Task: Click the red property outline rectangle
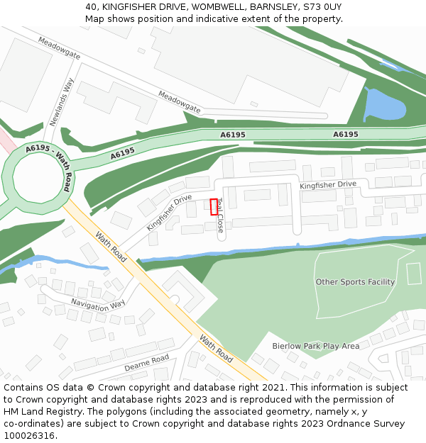coord(214,206)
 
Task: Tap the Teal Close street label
coord(220,215)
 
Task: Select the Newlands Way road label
coord(62,101)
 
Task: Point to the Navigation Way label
coord(97,304)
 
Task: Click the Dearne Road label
coord(147,363)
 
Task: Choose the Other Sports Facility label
coord(355,282)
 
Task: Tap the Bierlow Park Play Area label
coord(315,346)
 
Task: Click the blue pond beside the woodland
coord(383,106)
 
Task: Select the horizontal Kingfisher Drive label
coord(327,184)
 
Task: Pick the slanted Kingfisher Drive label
coord(169,213)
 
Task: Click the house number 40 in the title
coord(91,6)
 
